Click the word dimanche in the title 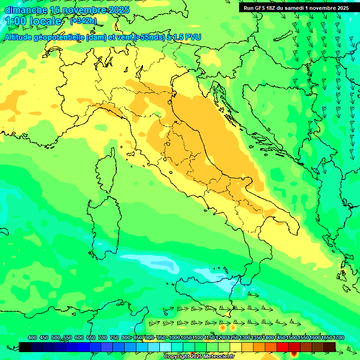coord(26,10)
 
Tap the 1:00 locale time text coord(33,21)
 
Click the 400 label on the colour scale coord(32,337)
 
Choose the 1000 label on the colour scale coord(174,337)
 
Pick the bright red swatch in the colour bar coord(283,347)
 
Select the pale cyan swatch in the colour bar coord(165,347)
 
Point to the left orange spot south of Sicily coord(222,323)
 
